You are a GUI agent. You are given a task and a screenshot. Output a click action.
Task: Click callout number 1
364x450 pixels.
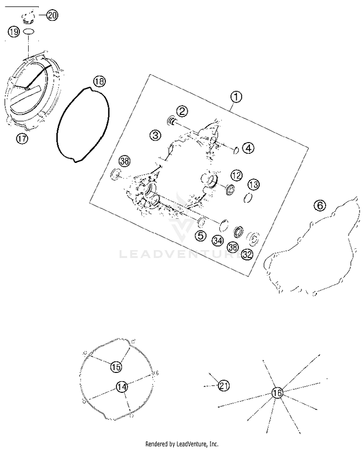click(235, 97)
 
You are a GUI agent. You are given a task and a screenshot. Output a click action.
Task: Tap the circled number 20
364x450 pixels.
click(52, 16)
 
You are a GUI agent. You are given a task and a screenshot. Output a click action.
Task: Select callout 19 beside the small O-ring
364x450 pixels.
click(14, 32)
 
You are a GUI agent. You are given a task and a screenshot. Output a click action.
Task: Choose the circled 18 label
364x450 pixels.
click(99, 81)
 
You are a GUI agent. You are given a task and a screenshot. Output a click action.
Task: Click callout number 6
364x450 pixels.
click(319, 206)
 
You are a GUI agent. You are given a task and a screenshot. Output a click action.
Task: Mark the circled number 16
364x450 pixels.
click(277, 393)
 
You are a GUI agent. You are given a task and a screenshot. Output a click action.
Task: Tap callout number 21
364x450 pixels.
click(223, 386)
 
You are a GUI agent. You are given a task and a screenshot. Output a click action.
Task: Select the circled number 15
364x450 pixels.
click(116, 367)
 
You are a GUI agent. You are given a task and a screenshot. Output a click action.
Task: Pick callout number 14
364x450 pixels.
click(121, 386)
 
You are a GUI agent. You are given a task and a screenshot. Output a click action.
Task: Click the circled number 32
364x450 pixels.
click(247, 254)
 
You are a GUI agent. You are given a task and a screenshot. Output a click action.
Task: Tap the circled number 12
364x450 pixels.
click(236, 175)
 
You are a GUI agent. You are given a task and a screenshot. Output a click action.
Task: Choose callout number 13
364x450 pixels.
click(253, 184)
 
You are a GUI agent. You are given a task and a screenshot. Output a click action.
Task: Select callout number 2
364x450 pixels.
click(168, 112)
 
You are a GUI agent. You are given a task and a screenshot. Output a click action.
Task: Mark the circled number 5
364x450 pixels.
click(200, 236)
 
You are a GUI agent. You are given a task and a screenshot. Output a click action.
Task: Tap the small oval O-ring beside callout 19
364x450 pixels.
click(29, 32)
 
